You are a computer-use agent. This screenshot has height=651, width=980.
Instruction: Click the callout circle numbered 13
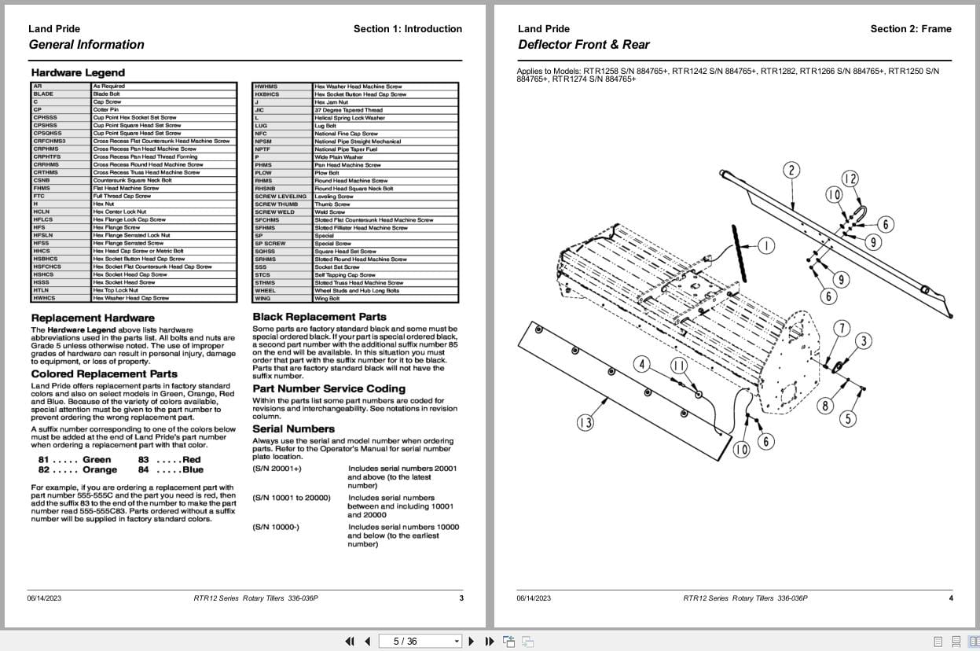(585, 423)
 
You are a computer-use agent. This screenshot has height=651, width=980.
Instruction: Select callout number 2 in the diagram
(791, 170)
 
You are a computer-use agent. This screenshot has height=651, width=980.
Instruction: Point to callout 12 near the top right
(850, 179)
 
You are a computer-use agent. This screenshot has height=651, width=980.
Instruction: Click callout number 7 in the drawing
(842, 328)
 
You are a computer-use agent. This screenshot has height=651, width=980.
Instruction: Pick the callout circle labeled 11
(679, 366)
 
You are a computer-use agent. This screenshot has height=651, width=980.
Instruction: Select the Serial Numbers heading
(293, 428)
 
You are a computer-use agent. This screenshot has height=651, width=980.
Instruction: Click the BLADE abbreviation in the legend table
(43, 94)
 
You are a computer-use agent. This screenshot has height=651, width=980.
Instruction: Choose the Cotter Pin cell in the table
(105, 110)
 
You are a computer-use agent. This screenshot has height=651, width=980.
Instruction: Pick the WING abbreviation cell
(262, 299)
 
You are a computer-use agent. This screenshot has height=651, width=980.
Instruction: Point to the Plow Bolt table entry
(327, 173)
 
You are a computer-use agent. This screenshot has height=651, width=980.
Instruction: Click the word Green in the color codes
(97, 459)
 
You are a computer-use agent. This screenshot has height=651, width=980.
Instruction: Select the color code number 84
(143, 469)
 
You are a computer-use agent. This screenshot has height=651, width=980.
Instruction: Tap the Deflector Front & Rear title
(583, 45)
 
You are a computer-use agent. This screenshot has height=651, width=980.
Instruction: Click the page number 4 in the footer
(950, 598)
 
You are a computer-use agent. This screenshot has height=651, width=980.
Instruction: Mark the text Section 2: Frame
(910, 29)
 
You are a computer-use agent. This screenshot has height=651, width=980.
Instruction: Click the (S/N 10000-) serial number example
(276, 527)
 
